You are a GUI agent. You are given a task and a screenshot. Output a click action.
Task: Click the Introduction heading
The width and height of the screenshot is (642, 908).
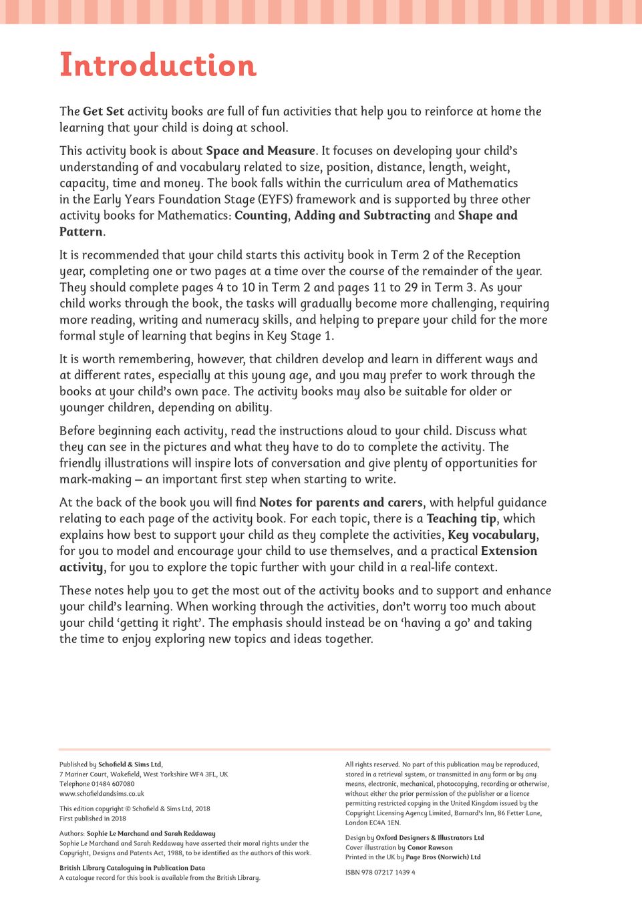click(158, 65)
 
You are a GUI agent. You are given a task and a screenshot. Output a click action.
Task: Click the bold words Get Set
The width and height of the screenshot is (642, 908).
click(104, 111)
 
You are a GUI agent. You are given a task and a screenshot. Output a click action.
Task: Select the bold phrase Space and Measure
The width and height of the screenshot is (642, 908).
click(261, 151)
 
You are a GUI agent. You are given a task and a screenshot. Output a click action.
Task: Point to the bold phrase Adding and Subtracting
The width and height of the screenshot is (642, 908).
click(362, 216)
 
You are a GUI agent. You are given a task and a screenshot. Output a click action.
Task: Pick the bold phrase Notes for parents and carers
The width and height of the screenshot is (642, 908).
click(341, 503)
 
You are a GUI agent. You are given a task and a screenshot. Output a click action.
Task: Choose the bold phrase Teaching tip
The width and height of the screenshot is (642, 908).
click(461, 519)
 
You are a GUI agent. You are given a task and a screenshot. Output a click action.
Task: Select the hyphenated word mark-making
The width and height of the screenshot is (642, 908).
click(96, 479)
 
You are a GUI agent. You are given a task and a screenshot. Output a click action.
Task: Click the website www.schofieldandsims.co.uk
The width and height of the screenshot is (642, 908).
click(102, 794)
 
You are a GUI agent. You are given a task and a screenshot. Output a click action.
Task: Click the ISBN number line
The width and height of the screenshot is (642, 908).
click(380, 872)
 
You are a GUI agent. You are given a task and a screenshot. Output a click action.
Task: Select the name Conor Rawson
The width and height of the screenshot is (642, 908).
click(430, 847)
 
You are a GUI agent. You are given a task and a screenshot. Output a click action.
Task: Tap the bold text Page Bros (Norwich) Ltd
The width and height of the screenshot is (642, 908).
click(443, 857)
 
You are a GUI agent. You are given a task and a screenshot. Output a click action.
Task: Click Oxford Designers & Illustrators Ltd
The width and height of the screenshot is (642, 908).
click(430, 838)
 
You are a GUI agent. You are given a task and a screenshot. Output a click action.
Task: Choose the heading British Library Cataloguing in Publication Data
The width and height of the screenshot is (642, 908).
click(132, 868)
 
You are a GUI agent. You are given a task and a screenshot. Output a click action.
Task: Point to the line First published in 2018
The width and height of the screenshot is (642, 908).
click(93, 819)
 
